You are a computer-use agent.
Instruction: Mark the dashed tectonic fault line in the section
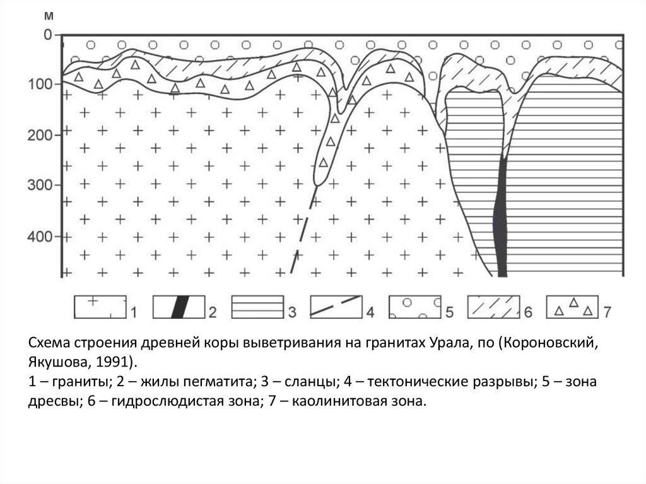click(302, 233)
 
